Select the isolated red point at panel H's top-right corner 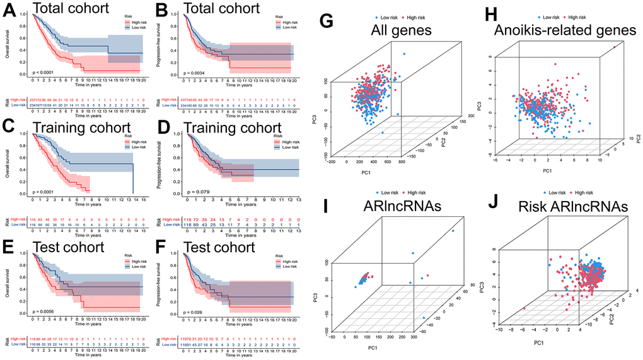point(613,46)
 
